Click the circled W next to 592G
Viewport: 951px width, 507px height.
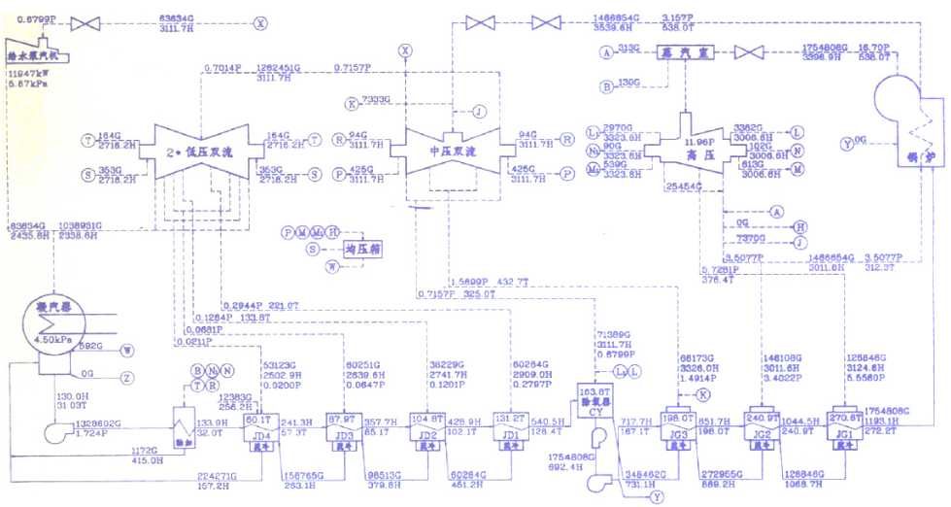tap(127, 350)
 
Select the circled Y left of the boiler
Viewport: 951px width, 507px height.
tap(847, 144)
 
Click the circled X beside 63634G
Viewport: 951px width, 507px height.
tap(259, 23)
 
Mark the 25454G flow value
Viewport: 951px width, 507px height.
tap(684, 185)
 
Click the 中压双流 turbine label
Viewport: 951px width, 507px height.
tap(453, 152)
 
